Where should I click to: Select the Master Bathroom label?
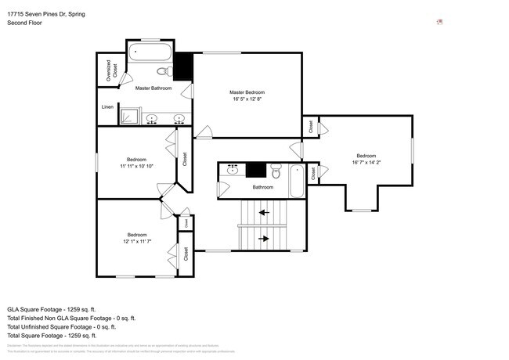click(153, 88)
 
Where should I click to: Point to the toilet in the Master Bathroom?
click(162, 70)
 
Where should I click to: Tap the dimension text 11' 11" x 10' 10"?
click(136, 166)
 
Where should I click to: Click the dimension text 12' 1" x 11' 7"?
click(137, 242)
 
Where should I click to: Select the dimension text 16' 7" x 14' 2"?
click(366, 163)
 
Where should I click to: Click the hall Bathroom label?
click(262, 187)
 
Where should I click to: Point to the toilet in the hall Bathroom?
click(276, 171)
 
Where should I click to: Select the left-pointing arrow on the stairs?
click(265, 211)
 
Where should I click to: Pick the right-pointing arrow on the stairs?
click(265, 239)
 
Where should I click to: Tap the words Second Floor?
click(25, 23)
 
